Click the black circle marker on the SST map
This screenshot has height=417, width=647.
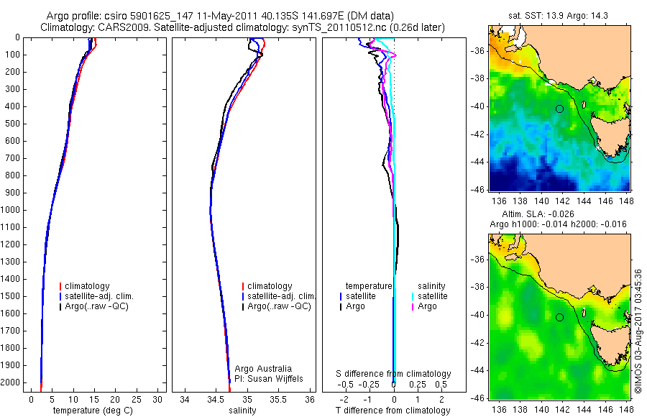[x=559, y=109]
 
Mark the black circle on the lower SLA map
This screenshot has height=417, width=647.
[x=559, y=317]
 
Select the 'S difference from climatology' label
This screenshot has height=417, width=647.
[x=393, y=374]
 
